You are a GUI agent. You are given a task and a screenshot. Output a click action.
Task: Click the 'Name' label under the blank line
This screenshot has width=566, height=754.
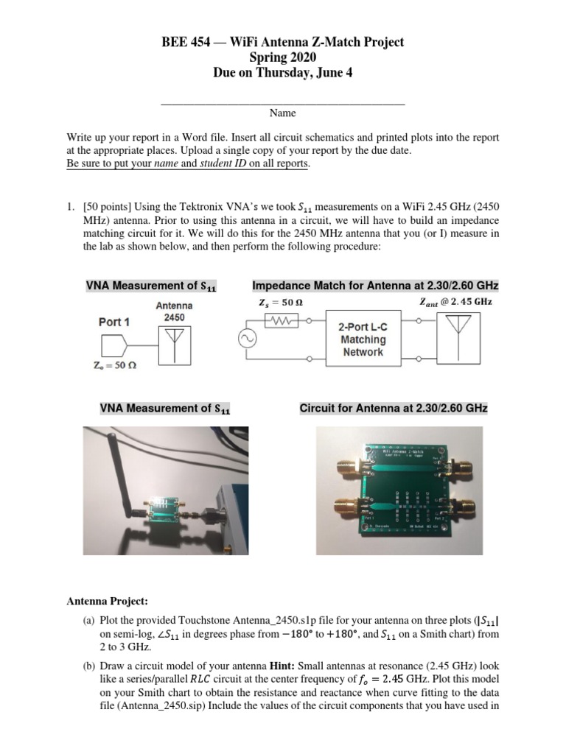point(282,113)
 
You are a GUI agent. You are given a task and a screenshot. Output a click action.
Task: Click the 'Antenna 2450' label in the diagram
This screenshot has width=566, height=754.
point(175,311)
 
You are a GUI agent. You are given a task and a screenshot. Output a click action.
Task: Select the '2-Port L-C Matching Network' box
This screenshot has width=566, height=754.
point(363,340)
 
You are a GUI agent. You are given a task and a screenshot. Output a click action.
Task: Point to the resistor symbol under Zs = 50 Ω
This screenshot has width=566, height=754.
point(283,321)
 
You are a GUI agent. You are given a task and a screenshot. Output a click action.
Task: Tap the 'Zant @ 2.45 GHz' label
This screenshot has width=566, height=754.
point(455,301)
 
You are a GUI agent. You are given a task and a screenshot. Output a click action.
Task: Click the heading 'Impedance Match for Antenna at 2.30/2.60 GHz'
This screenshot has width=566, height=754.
point(375,285)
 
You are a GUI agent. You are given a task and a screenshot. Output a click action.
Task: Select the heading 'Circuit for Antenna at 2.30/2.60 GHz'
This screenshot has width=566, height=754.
point(393,408)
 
